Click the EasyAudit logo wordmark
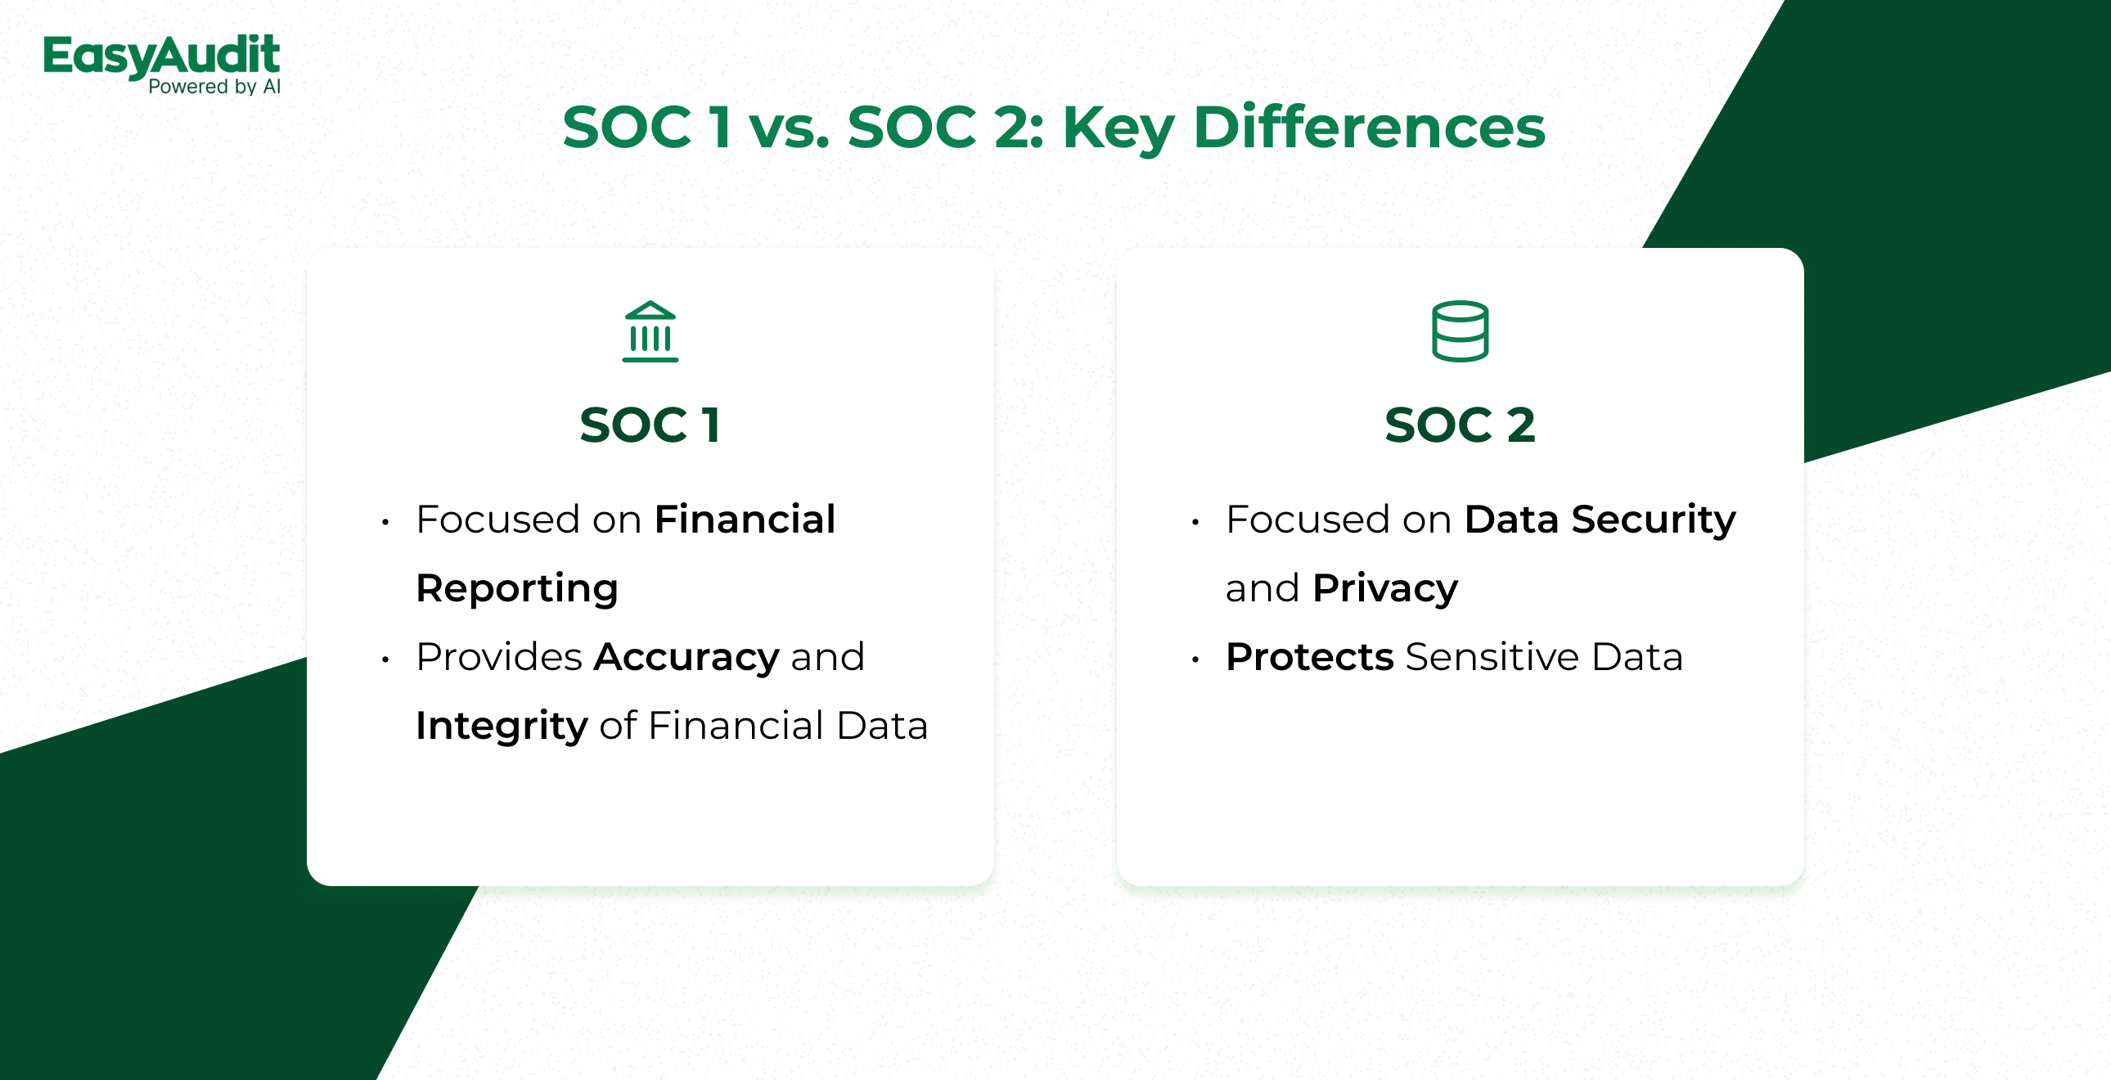161,56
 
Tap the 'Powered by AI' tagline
214,87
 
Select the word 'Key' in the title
1119,129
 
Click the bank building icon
650,331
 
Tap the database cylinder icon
1460,331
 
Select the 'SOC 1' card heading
650,425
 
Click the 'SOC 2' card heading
1460,425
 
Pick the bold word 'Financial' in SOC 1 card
745,519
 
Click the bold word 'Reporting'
517,589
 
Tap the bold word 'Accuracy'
686,658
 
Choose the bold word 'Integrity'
502,727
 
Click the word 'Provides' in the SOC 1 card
499,656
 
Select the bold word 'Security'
1654,520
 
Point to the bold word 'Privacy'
1385,589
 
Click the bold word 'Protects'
1309,656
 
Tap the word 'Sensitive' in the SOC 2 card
1492,656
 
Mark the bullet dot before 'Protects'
1195,659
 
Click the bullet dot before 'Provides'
385,659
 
